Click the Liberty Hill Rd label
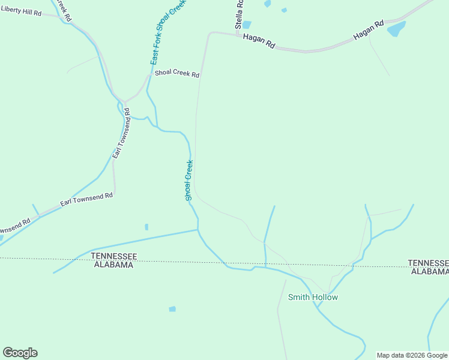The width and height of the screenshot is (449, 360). tap(21, 12)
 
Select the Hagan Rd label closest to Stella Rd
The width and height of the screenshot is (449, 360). tap(259, 41)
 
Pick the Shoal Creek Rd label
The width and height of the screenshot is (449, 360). tap(176, 74)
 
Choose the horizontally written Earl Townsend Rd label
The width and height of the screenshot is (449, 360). tap(86, 200)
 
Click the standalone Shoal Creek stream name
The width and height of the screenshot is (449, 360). tap(189, 180)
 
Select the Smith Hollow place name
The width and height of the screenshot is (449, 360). tap(313, 297)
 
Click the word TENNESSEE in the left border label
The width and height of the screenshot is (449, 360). tap(114, 256)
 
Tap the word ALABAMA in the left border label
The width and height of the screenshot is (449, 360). tap(114, 265)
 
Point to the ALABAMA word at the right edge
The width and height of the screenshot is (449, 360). tap(430, 271)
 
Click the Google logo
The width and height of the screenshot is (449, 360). tap(20, 353)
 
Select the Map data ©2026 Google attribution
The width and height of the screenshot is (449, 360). tap(412, 355)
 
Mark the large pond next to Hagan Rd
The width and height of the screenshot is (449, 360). tap(396, 28)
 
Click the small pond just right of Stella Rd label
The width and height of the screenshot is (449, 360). tap(247, 25)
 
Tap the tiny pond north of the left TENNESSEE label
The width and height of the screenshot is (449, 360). tap(146, 227)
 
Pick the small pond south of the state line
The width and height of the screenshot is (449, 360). tap(172, 309)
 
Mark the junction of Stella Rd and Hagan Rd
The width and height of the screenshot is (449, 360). tap(237, 35)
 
